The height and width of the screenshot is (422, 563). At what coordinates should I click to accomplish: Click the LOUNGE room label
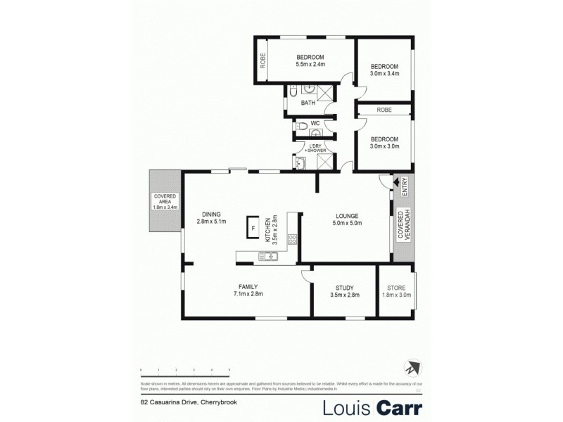point(347,216)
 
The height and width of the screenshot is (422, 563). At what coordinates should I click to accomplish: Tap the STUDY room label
point(344,287)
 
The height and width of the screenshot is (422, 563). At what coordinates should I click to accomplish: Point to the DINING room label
point(211,215)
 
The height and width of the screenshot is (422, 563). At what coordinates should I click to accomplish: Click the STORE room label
point(396,287)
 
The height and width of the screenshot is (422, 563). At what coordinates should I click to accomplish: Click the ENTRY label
point(405,186)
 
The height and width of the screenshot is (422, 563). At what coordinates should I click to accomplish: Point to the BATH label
point(308,103)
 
